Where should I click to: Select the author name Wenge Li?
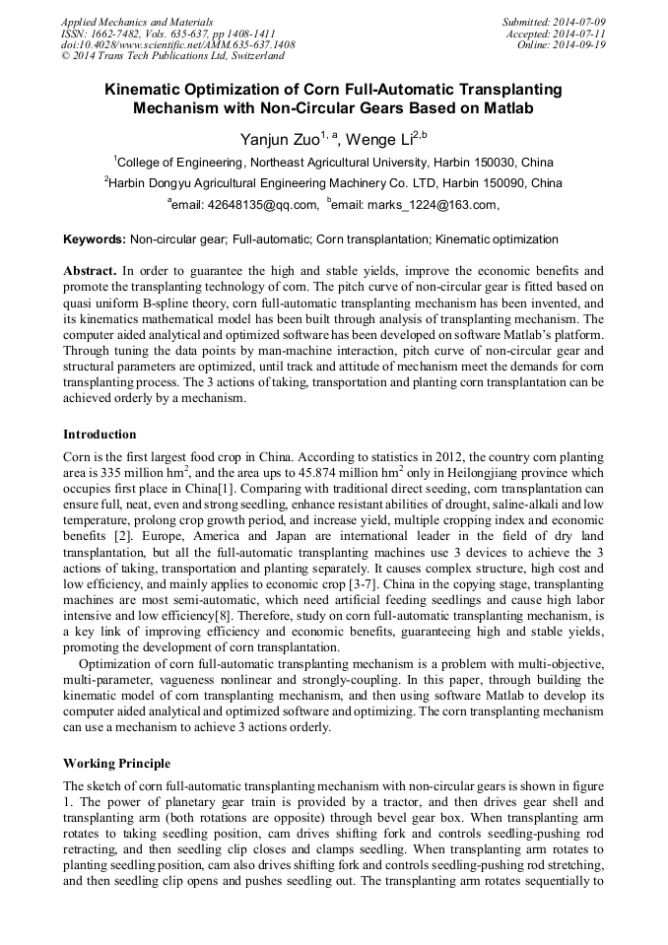pos(378,139)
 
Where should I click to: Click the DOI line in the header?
pos(177,44)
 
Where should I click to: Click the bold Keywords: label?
pos(95,239)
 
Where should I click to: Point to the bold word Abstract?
pos(90,270)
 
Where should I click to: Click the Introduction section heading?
pos(100,435)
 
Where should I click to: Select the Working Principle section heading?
pos(116,764)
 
